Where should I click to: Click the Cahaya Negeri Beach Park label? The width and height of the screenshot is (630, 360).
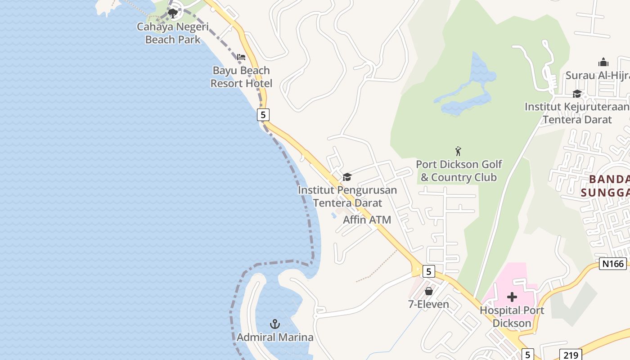[x=173, y=33]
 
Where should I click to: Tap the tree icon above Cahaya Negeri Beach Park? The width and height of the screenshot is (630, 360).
[x=172, y=13]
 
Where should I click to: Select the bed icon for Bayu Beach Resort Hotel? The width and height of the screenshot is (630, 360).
[x=241, y=57]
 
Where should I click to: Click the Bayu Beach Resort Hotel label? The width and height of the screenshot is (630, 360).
[x=241, y=77]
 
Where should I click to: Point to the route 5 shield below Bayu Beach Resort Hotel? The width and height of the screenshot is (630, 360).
[x=263, y=115]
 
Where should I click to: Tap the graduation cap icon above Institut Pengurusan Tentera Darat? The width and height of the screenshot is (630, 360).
[x=347, y=177]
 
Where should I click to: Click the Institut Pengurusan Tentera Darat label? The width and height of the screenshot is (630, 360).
[x=347, y=197]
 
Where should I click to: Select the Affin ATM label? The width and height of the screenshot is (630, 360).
[x=367, y=220]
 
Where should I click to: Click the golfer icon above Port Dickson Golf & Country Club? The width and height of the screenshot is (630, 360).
[x=458, y=151]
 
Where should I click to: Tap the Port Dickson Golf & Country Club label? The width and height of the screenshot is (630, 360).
[x=459, y=171]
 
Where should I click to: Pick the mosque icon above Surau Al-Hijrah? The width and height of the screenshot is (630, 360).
[x=603, y=62]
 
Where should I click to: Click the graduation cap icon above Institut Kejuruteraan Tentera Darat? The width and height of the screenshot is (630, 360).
[x=577, y=94]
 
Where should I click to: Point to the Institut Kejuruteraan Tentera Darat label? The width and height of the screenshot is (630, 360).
[x=577, y=113]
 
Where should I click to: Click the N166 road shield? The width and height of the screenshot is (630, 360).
[x=613, y=264]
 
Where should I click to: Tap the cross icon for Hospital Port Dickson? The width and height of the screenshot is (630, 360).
[x=512, y=297]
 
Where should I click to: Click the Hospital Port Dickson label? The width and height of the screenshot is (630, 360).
[x=512, y=317]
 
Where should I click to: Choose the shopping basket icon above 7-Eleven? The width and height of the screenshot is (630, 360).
[x=429, y=291]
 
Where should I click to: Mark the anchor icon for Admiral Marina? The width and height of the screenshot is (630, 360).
[x=275, y=324]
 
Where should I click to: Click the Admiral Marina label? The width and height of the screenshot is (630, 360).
[x=275, y=337]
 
